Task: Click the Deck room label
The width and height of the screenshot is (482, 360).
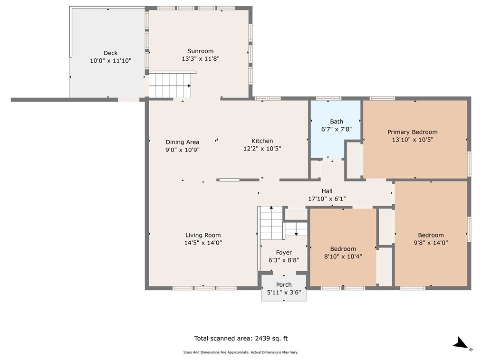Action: tap(110, 53)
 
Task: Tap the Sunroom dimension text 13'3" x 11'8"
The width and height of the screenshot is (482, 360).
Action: tap(200, 59)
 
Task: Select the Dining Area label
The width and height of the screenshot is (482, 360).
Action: tap(182, 142)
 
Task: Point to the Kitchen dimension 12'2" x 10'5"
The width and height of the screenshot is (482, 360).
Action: tap(262, 149)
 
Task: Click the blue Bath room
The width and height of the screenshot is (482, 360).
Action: tap(335, 129)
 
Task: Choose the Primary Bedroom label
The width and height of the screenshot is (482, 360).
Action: tap(412, 132)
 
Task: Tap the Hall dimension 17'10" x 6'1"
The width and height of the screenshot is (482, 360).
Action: tap(327, 199)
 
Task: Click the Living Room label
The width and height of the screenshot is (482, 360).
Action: tap(203, 235)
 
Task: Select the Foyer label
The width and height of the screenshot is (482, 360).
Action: tap(284, 253)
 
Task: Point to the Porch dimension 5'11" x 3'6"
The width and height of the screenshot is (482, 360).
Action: tap(284, 293)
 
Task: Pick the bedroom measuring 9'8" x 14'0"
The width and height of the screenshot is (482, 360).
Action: tap(431, 234)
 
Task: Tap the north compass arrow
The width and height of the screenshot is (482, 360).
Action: tap(461, 342)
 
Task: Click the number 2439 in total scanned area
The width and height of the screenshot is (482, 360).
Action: tap(262, 339)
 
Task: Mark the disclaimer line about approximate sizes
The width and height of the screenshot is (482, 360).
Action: tap(241, 352)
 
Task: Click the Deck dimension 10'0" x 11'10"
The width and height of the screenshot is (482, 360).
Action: tap(110, 61)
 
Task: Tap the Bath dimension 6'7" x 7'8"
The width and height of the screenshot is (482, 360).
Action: tap(336, 129)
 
